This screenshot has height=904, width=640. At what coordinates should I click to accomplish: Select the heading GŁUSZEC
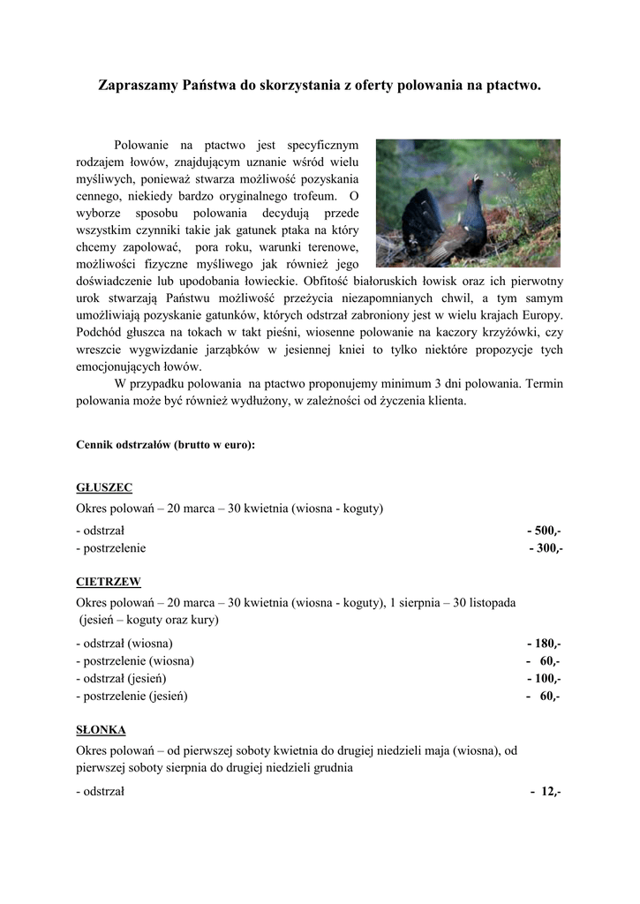pyautogui.click(x=104, y=487)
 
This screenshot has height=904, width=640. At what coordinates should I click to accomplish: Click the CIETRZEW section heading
pyautogui.click(x=109, y=582)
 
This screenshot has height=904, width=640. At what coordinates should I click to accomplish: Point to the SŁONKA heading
pyautogui.click(x=102, y=730)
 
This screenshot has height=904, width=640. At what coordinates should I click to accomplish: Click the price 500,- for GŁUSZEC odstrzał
pyautogui.click(x=544, y=531)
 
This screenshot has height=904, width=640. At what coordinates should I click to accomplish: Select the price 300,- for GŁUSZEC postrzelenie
pyautogui.click(x=546, y=548)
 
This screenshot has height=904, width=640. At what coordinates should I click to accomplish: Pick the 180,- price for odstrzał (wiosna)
pyautogui.click(x=544, y=644)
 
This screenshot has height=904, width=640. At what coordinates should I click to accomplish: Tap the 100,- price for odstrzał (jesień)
pyautogui.click(x=544, y=678)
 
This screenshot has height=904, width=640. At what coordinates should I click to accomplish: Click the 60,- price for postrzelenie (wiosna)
pyautogui.click(x=548, y=660)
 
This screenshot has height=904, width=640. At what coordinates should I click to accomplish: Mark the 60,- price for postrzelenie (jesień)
pyautogui.click(x=548, y=696)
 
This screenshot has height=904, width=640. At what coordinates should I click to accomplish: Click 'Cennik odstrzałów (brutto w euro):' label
pyautogui.click(x=166, y=445)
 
